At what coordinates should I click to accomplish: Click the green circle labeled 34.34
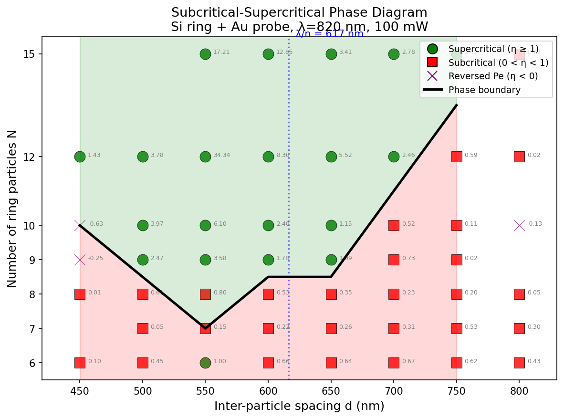(205, 157)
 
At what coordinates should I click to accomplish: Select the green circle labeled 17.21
(205, 54)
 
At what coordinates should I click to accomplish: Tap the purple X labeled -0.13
(519, 225)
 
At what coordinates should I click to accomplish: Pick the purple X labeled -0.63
(80, 225)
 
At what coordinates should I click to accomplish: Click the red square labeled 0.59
(457, 157)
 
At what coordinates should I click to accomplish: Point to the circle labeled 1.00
(205, 363)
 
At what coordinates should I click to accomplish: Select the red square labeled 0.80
(205, 294)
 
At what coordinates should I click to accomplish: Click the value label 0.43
(533, 361)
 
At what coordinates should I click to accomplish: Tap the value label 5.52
(345, 155)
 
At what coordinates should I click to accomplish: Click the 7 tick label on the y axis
(32, 328)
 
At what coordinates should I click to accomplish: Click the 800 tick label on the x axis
(519, 391)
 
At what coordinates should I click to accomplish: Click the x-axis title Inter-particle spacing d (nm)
(299, 406)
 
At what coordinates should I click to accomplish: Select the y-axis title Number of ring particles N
(12, 209)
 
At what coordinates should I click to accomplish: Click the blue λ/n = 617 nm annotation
(329, 33)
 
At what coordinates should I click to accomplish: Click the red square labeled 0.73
(394, 260)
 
